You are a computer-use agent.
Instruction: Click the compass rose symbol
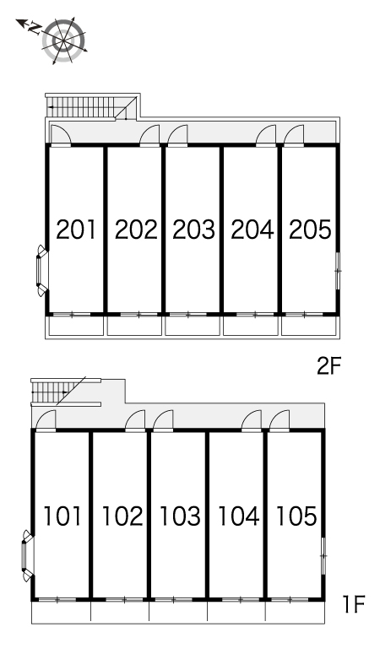click(64, 41)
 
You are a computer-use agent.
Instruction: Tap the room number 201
click(76, 230)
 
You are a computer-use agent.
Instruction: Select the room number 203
click(193, 230)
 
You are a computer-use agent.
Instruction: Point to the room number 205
click(310, 230)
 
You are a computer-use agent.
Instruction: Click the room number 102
click(122, 516)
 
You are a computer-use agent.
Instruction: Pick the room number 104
click(238, 516)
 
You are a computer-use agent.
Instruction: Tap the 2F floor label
click(329, 366)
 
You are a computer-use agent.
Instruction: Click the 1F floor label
click(354, 604)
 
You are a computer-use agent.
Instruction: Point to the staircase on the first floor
click(66, 392)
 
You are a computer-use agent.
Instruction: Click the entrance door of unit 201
click(61, 135)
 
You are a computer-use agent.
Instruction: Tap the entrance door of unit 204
click(266, 135)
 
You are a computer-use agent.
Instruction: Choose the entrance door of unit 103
click(163, 420)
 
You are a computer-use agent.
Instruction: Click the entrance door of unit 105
click(280, 420)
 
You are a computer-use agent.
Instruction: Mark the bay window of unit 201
click(41, 271)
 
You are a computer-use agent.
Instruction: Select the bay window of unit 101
click(28, 555)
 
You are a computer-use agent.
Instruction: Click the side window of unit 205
click(338, 270)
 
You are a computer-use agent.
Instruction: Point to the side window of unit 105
click(323, 556)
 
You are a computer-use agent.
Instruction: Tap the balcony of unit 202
click(134, 326)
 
